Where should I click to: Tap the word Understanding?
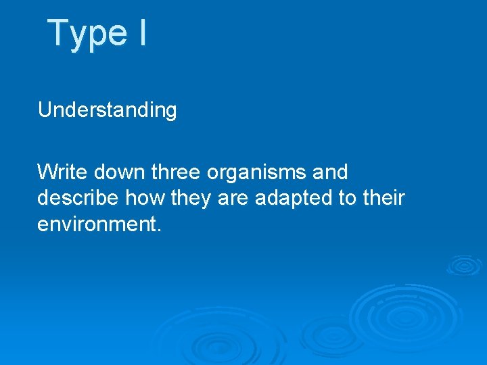point(107,110)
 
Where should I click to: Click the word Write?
point(63,172)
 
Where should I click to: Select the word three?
point(176,172)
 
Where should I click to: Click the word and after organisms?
point(330,172)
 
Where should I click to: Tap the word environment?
point(97,224)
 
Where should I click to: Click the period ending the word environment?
point(159,230)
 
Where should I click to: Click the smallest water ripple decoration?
point(463,265)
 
